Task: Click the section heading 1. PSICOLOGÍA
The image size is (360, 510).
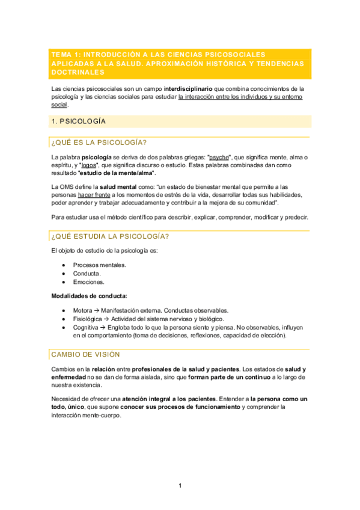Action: pyautogui.click(x=79, y=121)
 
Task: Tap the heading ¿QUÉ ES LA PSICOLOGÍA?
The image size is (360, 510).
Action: pyautogui.click(x=99, y=143)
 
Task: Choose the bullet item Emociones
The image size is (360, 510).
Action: pyautogui.click(x=88, y=281)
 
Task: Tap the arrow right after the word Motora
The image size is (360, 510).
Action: pyautogui.click(x=97, y=310)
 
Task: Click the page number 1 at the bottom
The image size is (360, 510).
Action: pyautogui.click(x=180, y=486)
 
